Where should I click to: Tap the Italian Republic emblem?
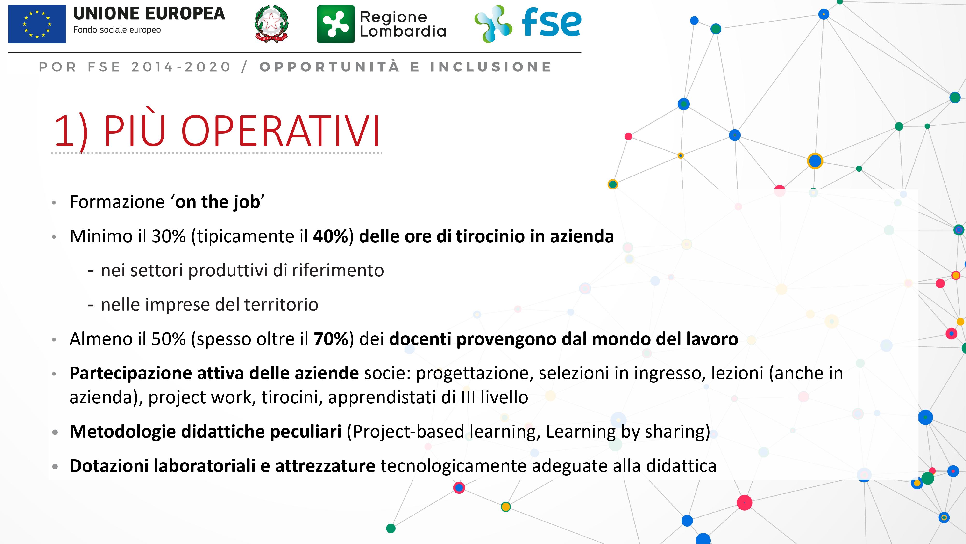[271, 24]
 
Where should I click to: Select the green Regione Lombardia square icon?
[336, 24]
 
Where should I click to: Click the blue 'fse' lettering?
[551, 22]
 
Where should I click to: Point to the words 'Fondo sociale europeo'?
[117, 30]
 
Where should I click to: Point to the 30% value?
[168, 236]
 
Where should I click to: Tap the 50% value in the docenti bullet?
[168, 339]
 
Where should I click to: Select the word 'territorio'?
[281, 304]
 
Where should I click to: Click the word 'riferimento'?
[338, 270]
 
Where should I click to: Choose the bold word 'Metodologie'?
[123, 432]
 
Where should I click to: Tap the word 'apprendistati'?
[382, 397]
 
